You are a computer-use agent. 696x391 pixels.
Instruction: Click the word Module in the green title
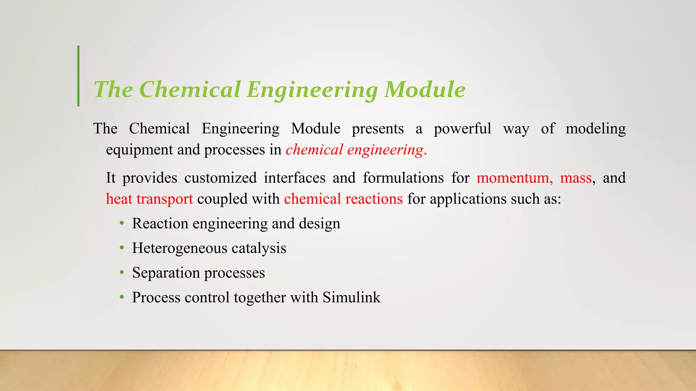pyautogui.click(x=424, y=90)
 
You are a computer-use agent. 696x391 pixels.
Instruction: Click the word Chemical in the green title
pyautogui.click(x=190, y=90)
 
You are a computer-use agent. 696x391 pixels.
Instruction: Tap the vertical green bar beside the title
pyautogui.click(x=79, y=76)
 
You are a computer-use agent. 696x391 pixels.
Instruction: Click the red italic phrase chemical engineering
pyautogui.click(x=355, y=150)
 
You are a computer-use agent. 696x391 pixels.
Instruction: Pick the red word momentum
pyautogui.click(x=515, y=178)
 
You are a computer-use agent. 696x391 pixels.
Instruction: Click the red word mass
pyautogui.click(x=576, y=178)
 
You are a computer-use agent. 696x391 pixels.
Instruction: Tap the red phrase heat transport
pyautogui.click(x=149, y=199)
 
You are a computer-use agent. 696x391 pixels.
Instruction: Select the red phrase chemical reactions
pyautogui.click(x=343, y=199)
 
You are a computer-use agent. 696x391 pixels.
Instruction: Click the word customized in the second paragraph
pyautogui.click(x=220, y=178)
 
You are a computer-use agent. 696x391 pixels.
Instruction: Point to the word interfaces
pyautogui.click(x=294, y=178)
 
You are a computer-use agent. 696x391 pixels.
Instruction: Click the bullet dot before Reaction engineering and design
pyautogui.click(x=122, y=224)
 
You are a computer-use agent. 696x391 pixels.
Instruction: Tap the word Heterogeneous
pyautogui.click(x=180, y=248)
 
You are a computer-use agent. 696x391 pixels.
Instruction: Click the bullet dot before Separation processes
pyautogui.click(x=122, y=273)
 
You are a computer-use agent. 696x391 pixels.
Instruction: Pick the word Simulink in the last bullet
pyautogui.click(x=351, y=297)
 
